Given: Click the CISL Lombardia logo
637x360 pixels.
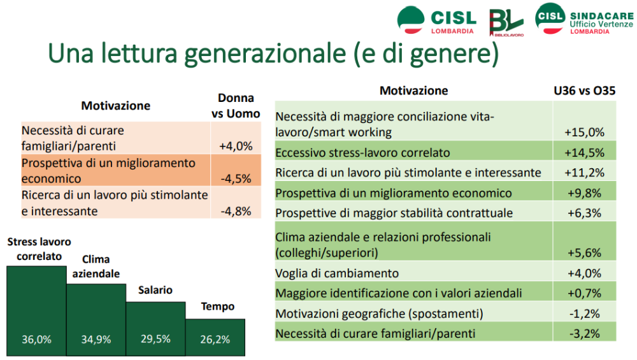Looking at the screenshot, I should (436, 20).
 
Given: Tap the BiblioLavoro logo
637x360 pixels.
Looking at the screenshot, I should (506, 23).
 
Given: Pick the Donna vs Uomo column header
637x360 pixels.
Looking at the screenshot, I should (236, 106).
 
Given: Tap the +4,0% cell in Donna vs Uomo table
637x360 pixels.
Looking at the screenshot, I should (236, 145).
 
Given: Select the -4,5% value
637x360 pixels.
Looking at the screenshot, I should (236, 178).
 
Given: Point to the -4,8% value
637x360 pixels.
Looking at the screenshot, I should (236, 211).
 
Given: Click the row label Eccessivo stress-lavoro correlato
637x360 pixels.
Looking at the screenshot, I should (362, 153).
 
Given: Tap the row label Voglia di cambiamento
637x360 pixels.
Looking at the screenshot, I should (337, 273).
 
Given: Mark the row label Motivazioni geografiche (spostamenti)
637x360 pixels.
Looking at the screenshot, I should (379, 313).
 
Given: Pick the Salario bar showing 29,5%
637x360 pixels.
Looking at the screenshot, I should (155, 328).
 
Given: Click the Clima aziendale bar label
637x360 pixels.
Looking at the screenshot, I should (96, 266).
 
